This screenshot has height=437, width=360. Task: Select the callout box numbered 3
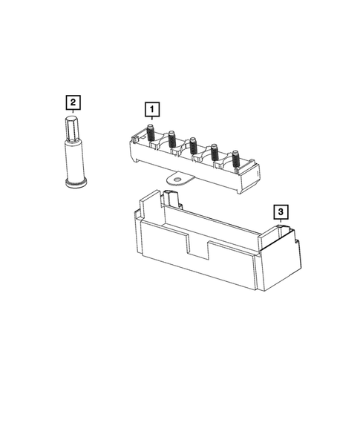280,212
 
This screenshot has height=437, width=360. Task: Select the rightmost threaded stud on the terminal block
235,158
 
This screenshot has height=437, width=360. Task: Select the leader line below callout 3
280,223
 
